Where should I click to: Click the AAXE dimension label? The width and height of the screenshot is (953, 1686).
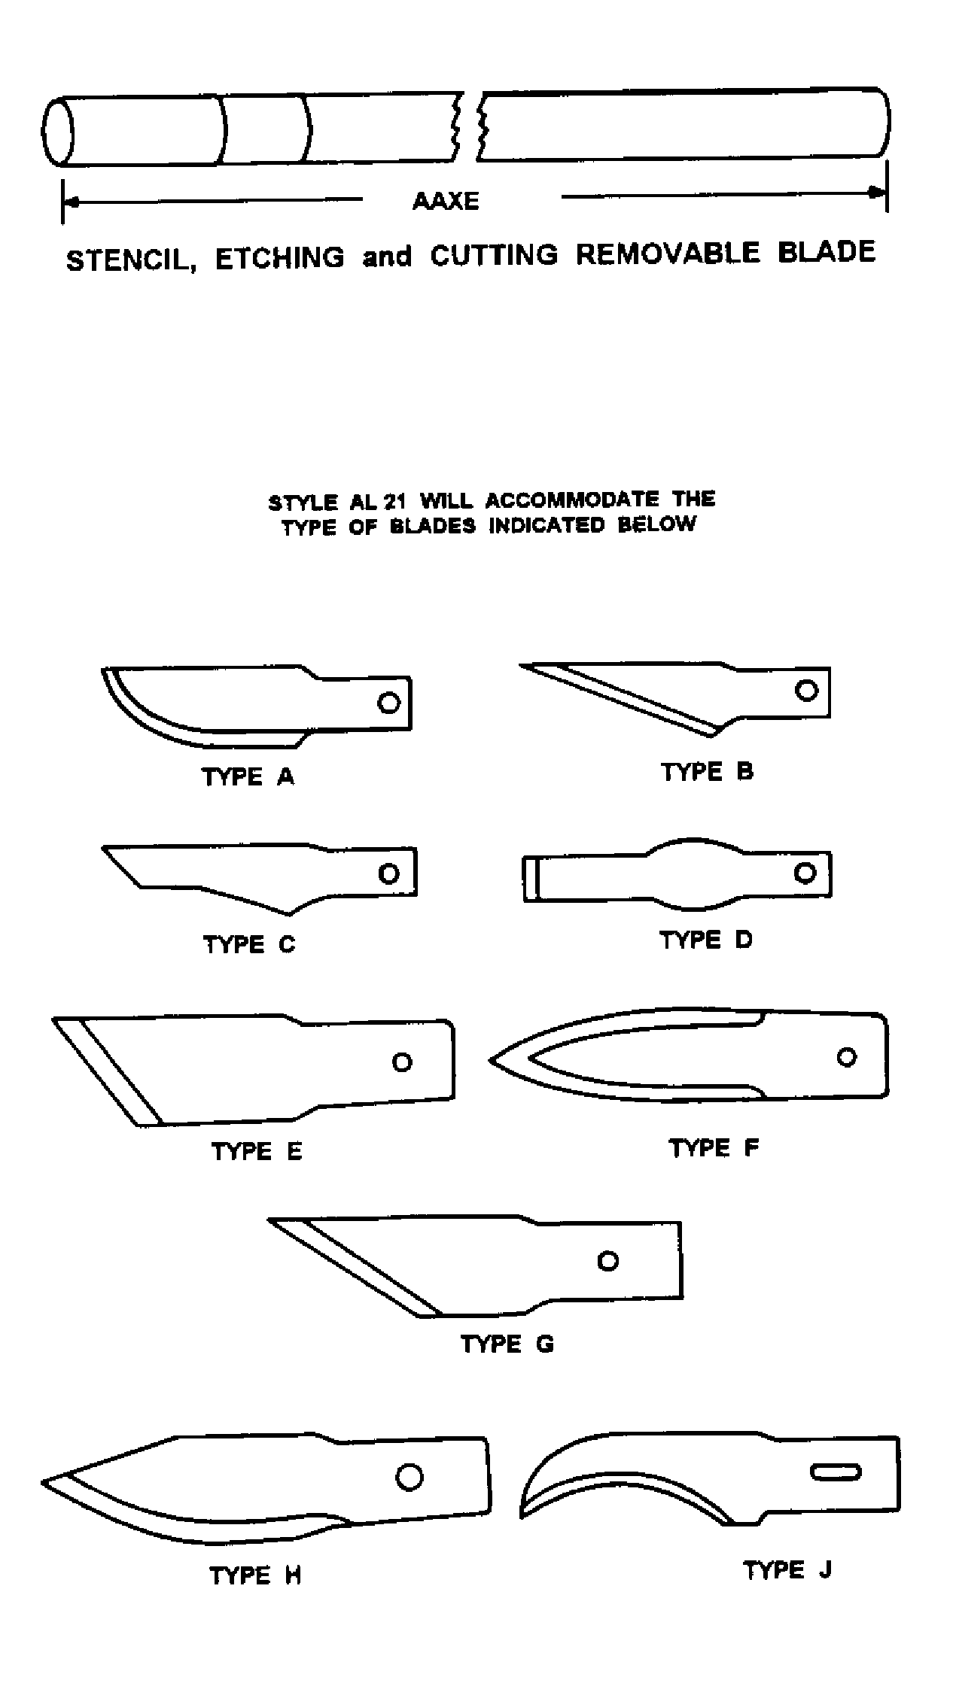(x=446, y=201)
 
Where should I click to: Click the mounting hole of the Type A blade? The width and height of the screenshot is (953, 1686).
(x=388, y=702)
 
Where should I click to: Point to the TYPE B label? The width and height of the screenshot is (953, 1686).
(x=707, y=772)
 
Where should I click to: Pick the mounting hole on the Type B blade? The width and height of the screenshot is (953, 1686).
(x=806, y=690)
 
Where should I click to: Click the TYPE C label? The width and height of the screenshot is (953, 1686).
(x=249, y=944)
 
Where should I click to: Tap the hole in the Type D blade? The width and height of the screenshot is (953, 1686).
(x=805, y=873)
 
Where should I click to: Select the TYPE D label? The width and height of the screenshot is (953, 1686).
(x=705, y=940)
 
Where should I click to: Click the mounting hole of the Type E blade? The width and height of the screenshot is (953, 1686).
(x=402, y=1062)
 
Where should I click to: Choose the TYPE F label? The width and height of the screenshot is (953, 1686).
(x=714, y=1148)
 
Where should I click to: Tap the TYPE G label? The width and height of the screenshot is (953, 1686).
(x=507, y=1344)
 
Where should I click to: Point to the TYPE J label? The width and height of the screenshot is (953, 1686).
(x=787, y=1570)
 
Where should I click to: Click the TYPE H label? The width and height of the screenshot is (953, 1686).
(x=255, y=1576)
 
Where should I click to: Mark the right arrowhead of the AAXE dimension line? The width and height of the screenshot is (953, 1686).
(x=879, y=193)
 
